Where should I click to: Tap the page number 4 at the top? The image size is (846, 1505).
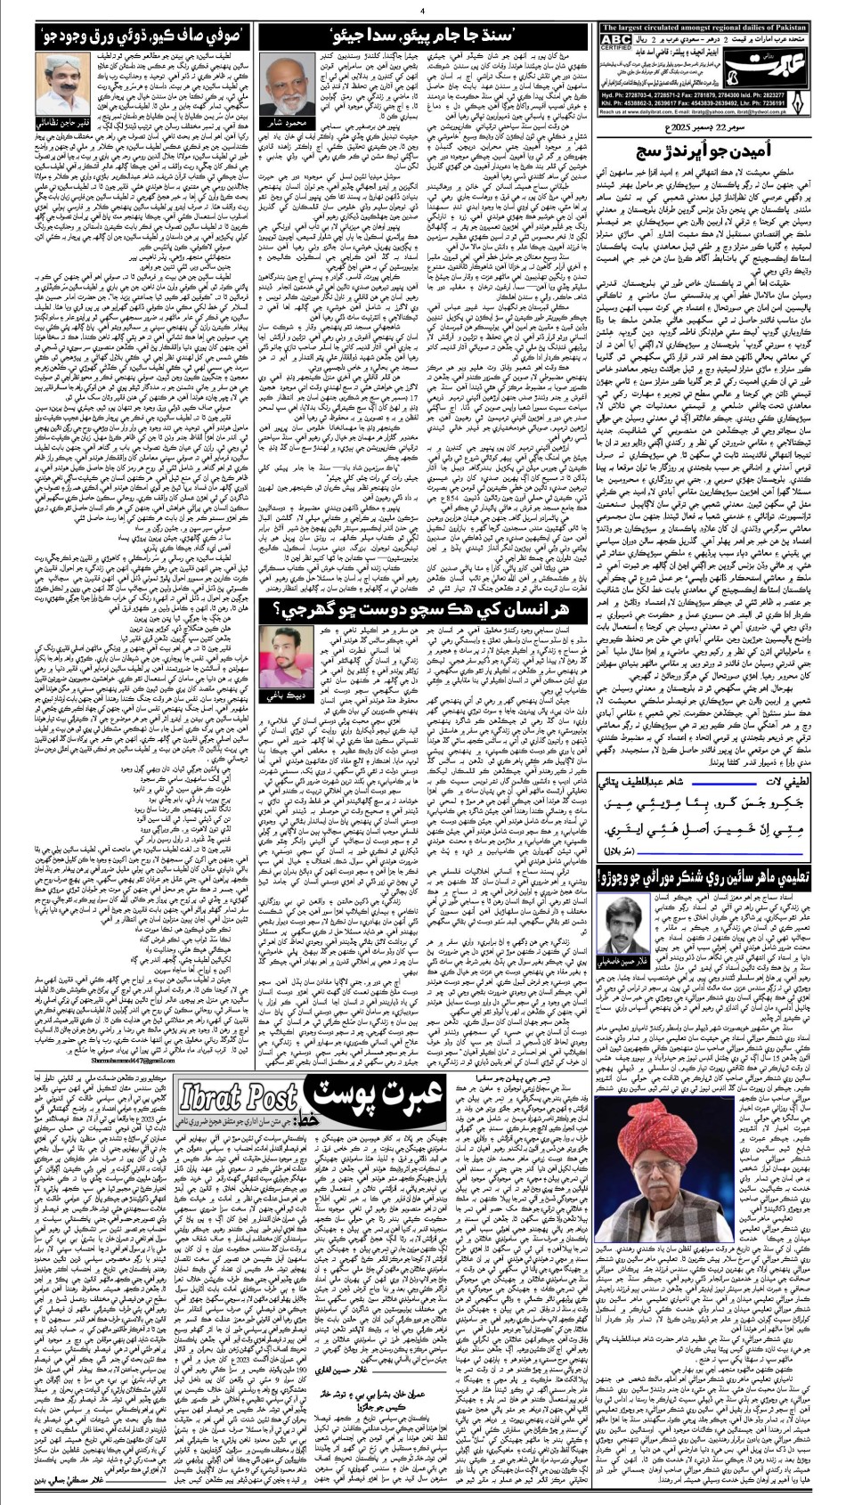[423, 10]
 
